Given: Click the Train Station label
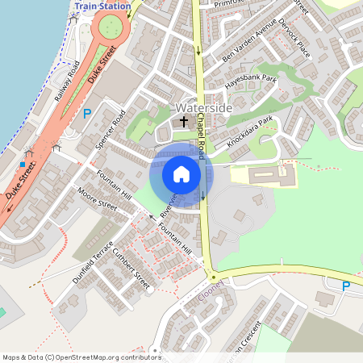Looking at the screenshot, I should pyautogui.click(x=102, y=5).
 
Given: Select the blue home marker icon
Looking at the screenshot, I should pyautogui.click(x=181, y=174).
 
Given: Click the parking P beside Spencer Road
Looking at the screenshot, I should pyautogui.click(x=86, y=114).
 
